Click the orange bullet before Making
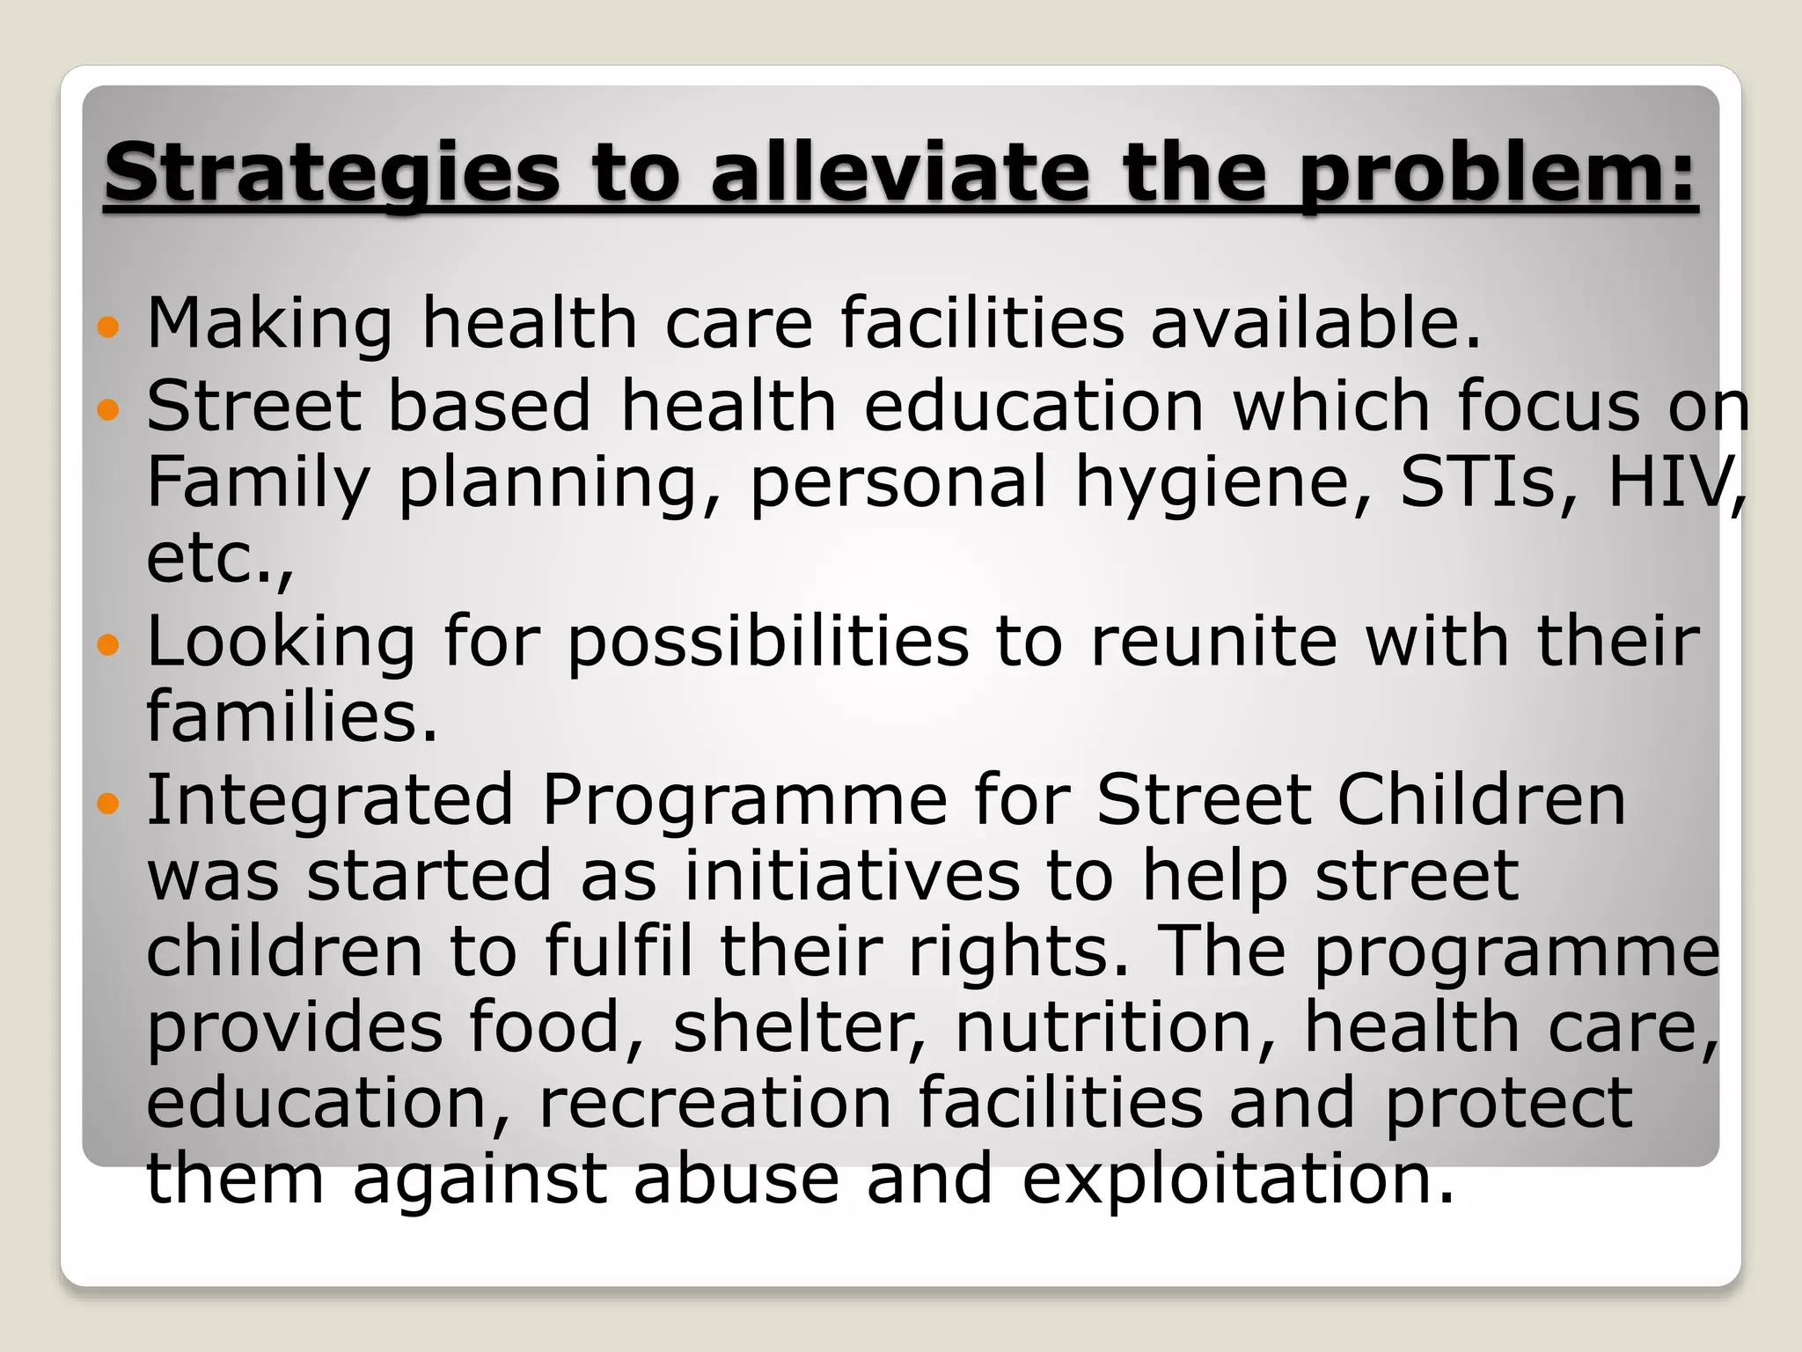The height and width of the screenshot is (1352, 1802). (107, 328)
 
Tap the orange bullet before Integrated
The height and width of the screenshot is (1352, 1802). (107, 804)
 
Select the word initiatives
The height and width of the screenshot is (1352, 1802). (852, 876)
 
